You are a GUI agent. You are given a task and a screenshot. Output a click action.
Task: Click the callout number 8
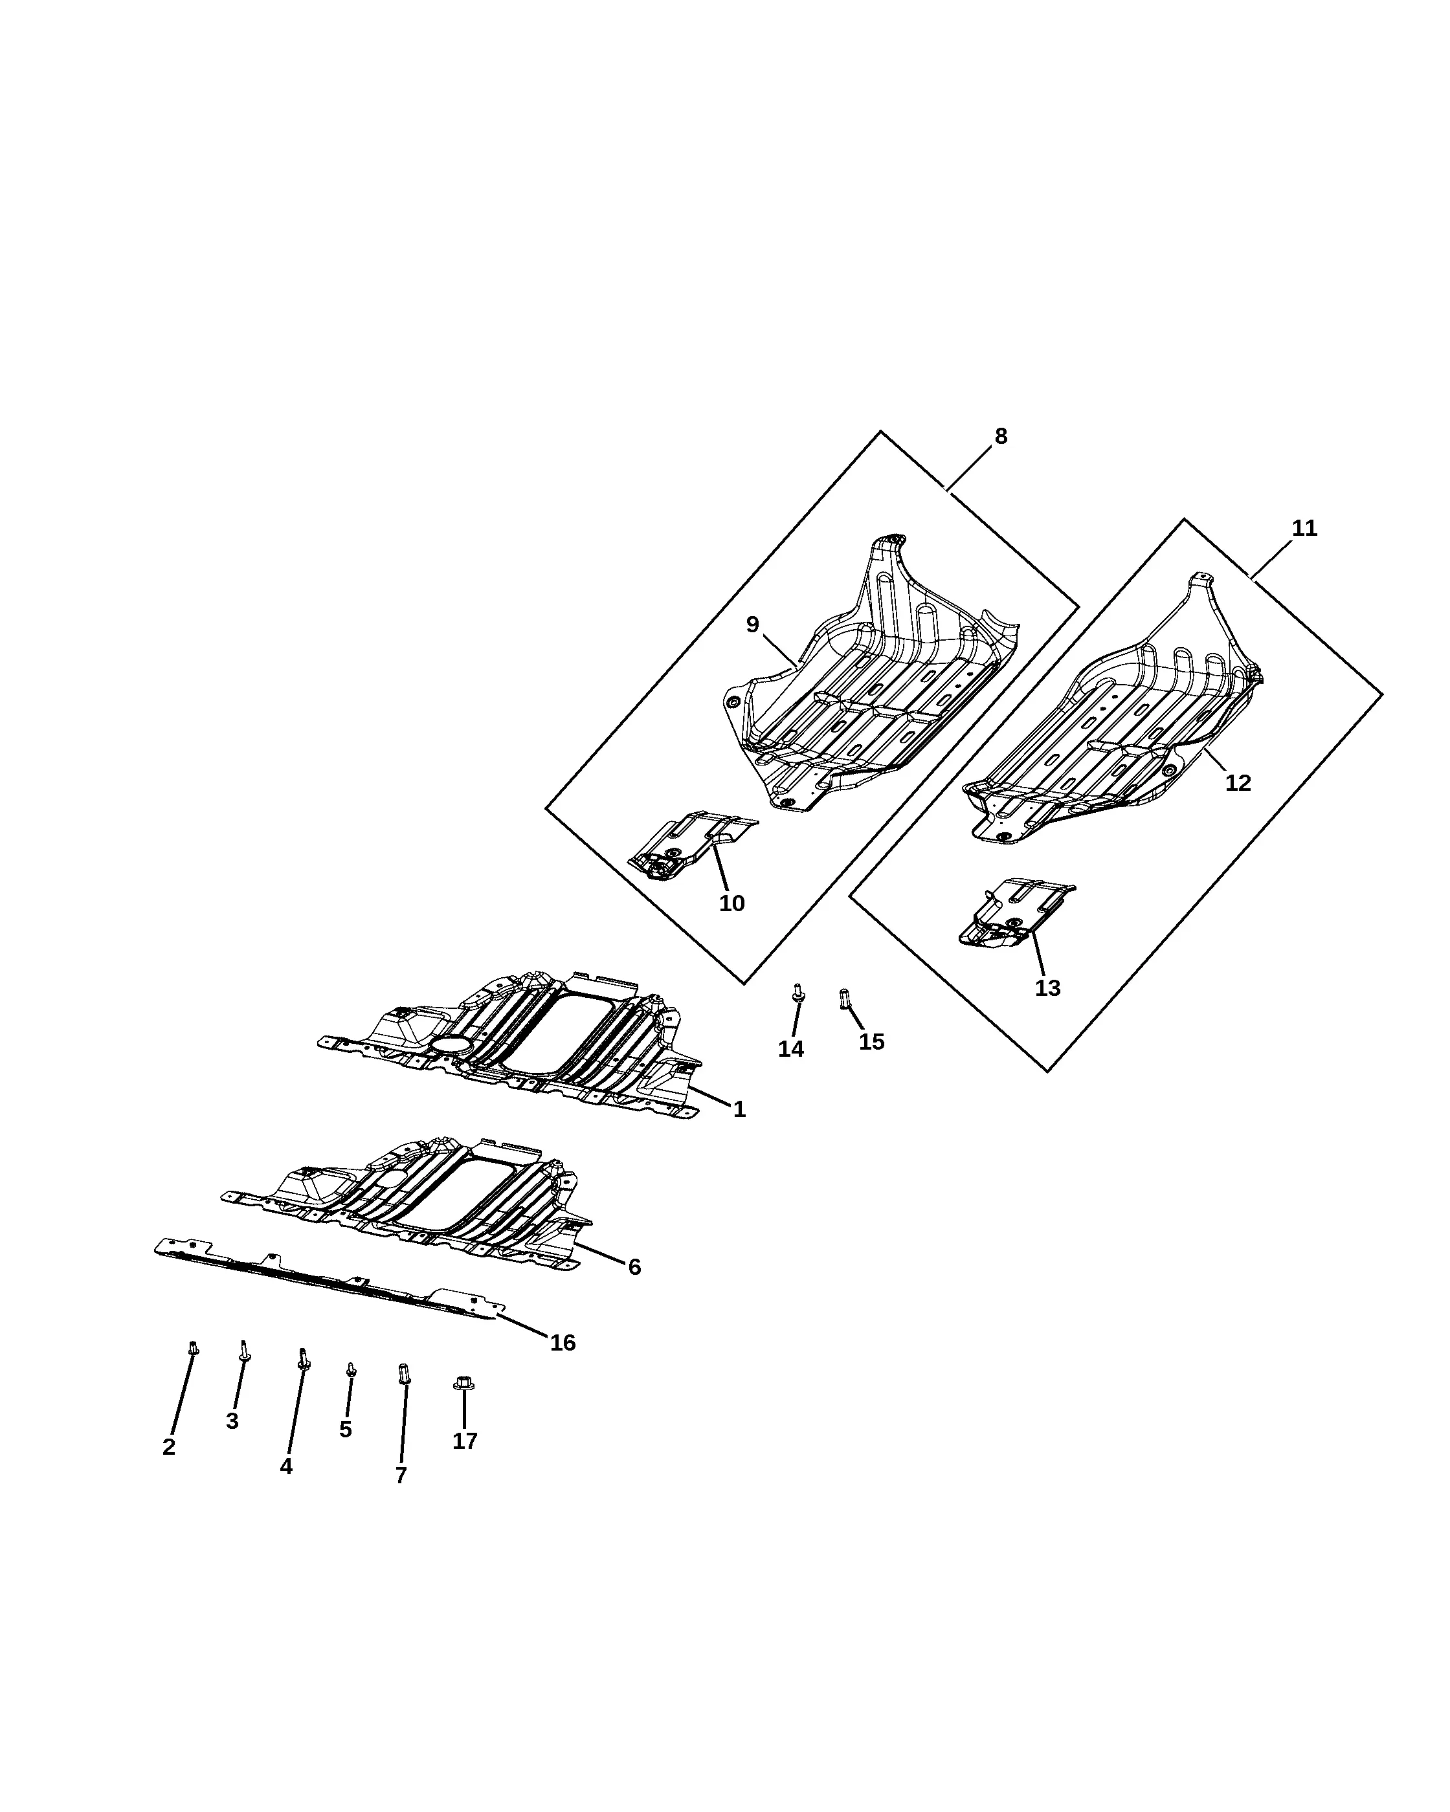pos(1000,436)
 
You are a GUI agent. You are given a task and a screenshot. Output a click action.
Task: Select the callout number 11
pos(1304,529)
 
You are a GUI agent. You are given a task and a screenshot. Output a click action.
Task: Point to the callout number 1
pos(739,1109)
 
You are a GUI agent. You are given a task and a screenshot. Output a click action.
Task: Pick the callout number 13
pos(1047,988)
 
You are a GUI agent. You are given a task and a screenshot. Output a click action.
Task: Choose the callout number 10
pos(731,903)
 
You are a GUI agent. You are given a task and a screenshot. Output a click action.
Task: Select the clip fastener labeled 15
pos(845,999)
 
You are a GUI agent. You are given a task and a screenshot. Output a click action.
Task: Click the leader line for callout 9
pos(780,651)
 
